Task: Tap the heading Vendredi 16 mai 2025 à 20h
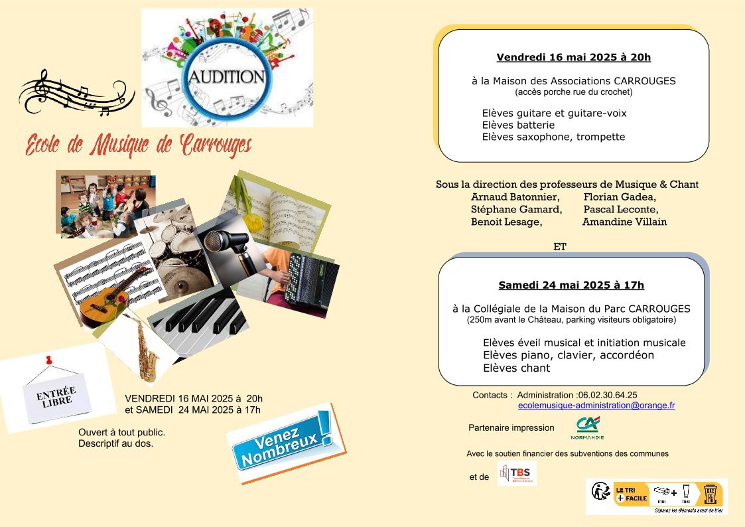point(574,57)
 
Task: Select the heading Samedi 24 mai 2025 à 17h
point(571,285)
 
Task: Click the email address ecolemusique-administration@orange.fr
point(596,405)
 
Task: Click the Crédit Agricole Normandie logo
point(587,428)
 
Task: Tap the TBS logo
point(517,474)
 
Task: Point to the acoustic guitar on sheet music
point(110,299)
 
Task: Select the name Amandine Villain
point(624,222)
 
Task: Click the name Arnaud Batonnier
point(515,197)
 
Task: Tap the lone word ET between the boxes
point(559,247)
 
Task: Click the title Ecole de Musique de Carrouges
point(138,145)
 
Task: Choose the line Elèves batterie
point(518,125)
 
